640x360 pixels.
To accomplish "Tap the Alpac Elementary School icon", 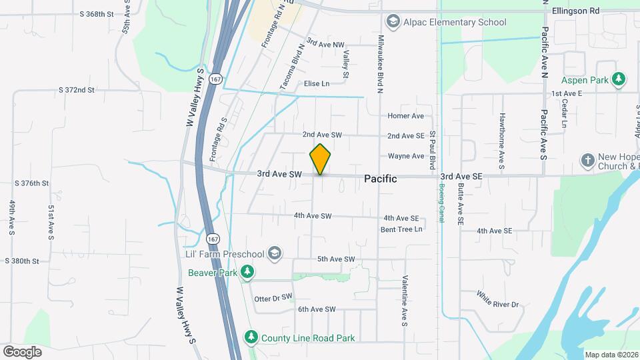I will (x=393, y=22).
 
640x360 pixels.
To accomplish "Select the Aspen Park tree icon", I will (x=619, y=79).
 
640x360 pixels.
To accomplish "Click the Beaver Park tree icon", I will (x=247, y=271).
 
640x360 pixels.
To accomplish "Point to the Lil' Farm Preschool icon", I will (x=274, y=253).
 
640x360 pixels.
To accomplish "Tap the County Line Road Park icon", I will (x=251, y=337).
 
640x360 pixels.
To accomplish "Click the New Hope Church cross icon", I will (x=587, y=161).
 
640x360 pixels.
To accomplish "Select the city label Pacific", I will (x=381, y=179).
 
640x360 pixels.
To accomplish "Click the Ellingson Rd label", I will (x=576, y=11).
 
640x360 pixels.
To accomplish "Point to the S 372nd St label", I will (x=77, y=89).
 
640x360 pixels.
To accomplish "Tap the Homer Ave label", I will (x=406, y=116).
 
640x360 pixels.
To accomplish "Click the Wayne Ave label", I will (x=406, y=157).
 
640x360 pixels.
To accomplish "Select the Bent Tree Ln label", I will (x=401, y=229).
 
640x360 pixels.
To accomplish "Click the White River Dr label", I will (x=497, y=299).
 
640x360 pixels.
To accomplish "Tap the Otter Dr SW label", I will (x=273, y=298).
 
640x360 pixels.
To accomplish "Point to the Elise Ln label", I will (x=317, y=83).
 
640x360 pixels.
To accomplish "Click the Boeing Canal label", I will (x=441, y=203).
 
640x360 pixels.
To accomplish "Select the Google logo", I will (x=22, y=351).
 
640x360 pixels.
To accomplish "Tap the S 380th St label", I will (x=22, y=261).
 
